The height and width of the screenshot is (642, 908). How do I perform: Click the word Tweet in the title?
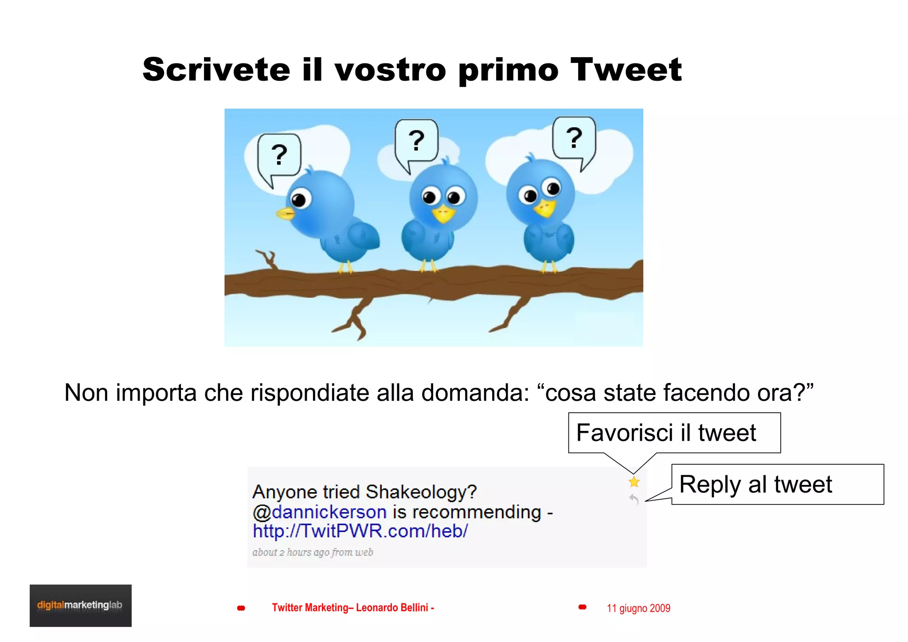point(626,70)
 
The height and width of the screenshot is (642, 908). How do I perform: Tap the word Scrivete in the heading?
point(216,70)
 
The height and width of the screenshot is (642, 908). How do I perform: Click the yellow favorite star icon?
point(634,482)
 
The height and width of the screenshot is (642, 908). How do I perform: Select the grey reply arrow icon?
point(634,500)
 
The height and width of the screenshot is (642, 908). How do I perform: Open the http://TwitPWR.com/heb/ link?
point(360,531)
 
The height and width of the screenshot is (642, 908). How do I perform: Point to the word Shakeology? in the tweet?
point(421,492)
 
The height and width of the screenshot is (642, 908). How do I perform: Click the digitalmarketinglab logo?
point(80,605)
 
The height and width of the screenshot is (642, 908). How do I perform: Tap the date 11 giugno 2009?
point(638,608)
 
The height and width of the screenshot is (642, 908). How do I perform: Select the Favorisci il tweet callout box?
point(674,433)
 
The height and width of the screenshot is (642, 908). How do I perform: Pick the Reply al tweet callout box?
point(777,484)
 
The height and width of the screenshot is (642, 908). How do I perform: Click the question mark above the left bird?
point(279,155)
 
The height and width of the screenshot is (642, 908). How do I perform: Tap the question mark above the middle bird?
point(416,141)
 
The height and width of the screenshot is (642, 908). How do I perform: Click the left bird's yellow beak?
point(286,214)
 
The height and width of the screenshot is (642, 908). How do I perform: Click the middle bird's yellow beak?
point(443,214)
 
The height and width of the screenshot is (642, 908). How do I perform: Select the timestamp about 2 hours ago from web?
point(313,552)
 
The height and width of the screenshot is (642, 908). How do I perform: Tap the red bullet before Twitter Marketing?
point(241,608)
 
